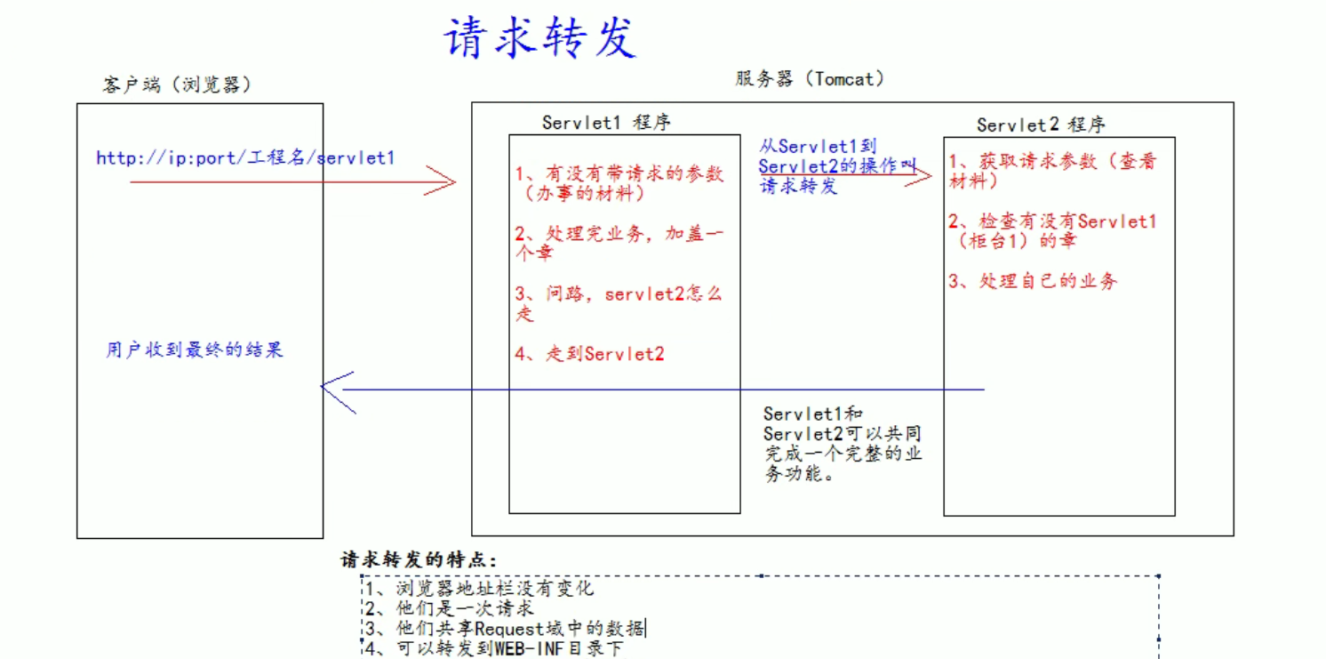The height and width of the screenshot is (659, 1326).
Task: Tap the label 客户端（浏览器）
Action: click(x=177, y=84)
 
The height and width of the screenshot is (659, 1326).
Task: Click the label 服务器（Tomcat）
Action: click(x=810, y=79)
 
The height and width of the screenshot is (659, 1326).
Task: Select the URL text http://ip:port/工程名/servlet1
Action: click(x=245, y=158)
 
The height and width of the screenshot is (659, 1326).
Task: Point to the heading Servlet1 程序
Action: click(x=606, y=123)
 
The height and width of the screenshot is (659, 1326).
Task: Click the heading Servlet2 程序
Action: click(x=1041, y=125)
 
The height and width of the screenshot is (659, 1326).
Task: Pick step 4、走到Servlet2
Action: click(x=589, y=354)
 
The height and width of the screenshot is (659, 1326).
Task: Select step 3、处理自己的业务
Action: click(x=1033, y=281)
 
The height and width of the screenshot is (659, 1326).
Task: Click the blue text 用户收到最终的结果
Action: click(x=195, y=350)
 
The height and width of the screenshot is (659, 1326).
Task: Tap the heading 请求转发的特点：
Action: click(x=419, y=560)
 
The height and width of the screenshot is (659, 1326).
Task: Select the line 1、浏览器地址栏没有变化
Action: click(x=479, y=588)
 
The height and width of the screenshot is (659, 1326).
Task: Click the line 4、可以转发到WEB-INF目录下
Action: click(x=494, y=648)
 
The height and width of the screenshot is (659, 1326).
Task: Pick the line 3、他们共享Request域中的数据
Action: click(x=505, y=629)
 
